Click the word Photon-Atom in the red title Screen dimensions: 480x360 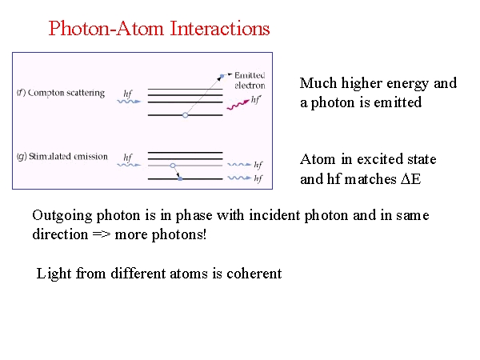coord(106,29)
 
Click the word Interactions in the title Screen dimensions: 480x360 coord(220,29)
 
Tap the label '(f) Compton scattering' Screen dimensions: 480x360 coord(61,93)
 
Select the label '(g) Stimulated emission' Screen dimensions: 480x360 coord(62,157)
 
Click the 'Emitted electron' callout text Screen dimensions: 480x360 coord(250,80)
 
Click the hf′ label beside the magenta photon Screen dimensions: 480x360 coord(256,99)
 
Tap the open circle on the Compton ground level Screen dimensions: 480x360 coord(185,115)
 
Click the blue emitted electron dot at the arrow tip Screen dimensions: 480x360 coord(222,76)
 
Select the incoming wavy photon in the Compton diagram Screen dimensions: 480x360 coord(129,102)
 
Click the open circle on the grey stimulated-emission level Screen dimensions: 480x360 coord(173,166)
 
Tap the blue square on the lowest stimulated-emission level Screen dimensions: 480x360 coord(180,178)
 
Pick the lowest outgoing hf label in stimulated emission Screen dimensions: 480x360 coord(258,178)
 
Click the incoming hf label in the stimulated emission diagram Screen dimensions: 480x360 coord(128,158)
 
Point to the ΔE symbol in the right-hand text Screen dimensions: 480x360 coord(411,179)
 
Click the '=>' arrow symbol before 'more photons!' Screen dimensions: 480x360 coord(102,234)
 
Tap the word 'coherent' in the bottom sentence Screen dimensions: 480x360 coord(254,273)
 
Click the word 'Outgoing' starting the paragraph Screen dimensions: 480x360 coord(62,216)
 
